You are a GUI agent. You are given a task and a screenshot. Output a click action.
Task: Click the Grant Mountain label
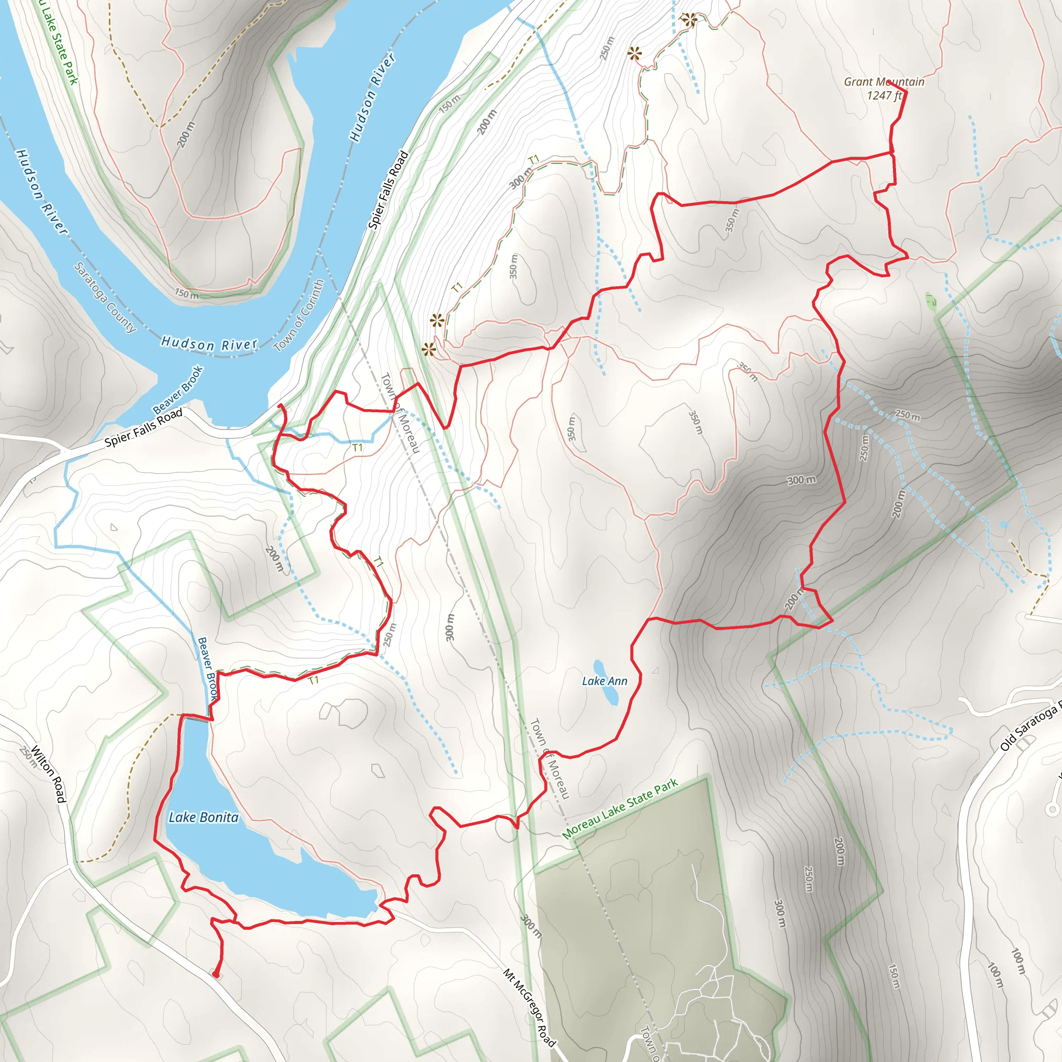point(884,82)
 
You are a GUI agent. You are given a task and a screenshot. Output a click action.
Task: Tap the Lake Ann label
point(604,681)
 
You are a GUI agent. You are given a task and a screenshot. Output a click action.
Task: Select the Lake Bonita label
point(203,817)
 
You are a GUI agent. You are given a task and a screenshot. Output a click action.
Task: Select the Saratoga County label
point(104,297)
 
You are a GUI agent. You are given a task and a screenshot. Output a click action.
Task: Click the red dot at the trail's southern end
point(216,975)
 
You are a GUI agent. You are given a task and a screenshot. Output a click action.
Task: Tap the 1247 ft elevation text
point(884,95)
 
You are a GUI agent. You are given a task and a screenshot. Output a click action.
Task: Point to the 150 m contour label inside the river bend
point(186,294)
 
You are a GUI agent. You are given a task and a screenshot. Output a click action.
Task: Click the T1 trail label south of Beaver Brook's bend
point(313,680)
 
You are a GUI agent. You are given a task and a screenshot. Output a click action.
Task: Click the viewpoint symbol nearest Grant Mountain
point(688,20)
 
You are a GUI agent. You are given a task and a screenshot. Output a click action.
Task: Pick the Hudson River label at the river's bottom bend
point(209,344)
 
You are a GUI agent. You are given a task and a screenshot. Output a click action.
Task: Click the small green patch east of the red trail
point(930,301)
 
